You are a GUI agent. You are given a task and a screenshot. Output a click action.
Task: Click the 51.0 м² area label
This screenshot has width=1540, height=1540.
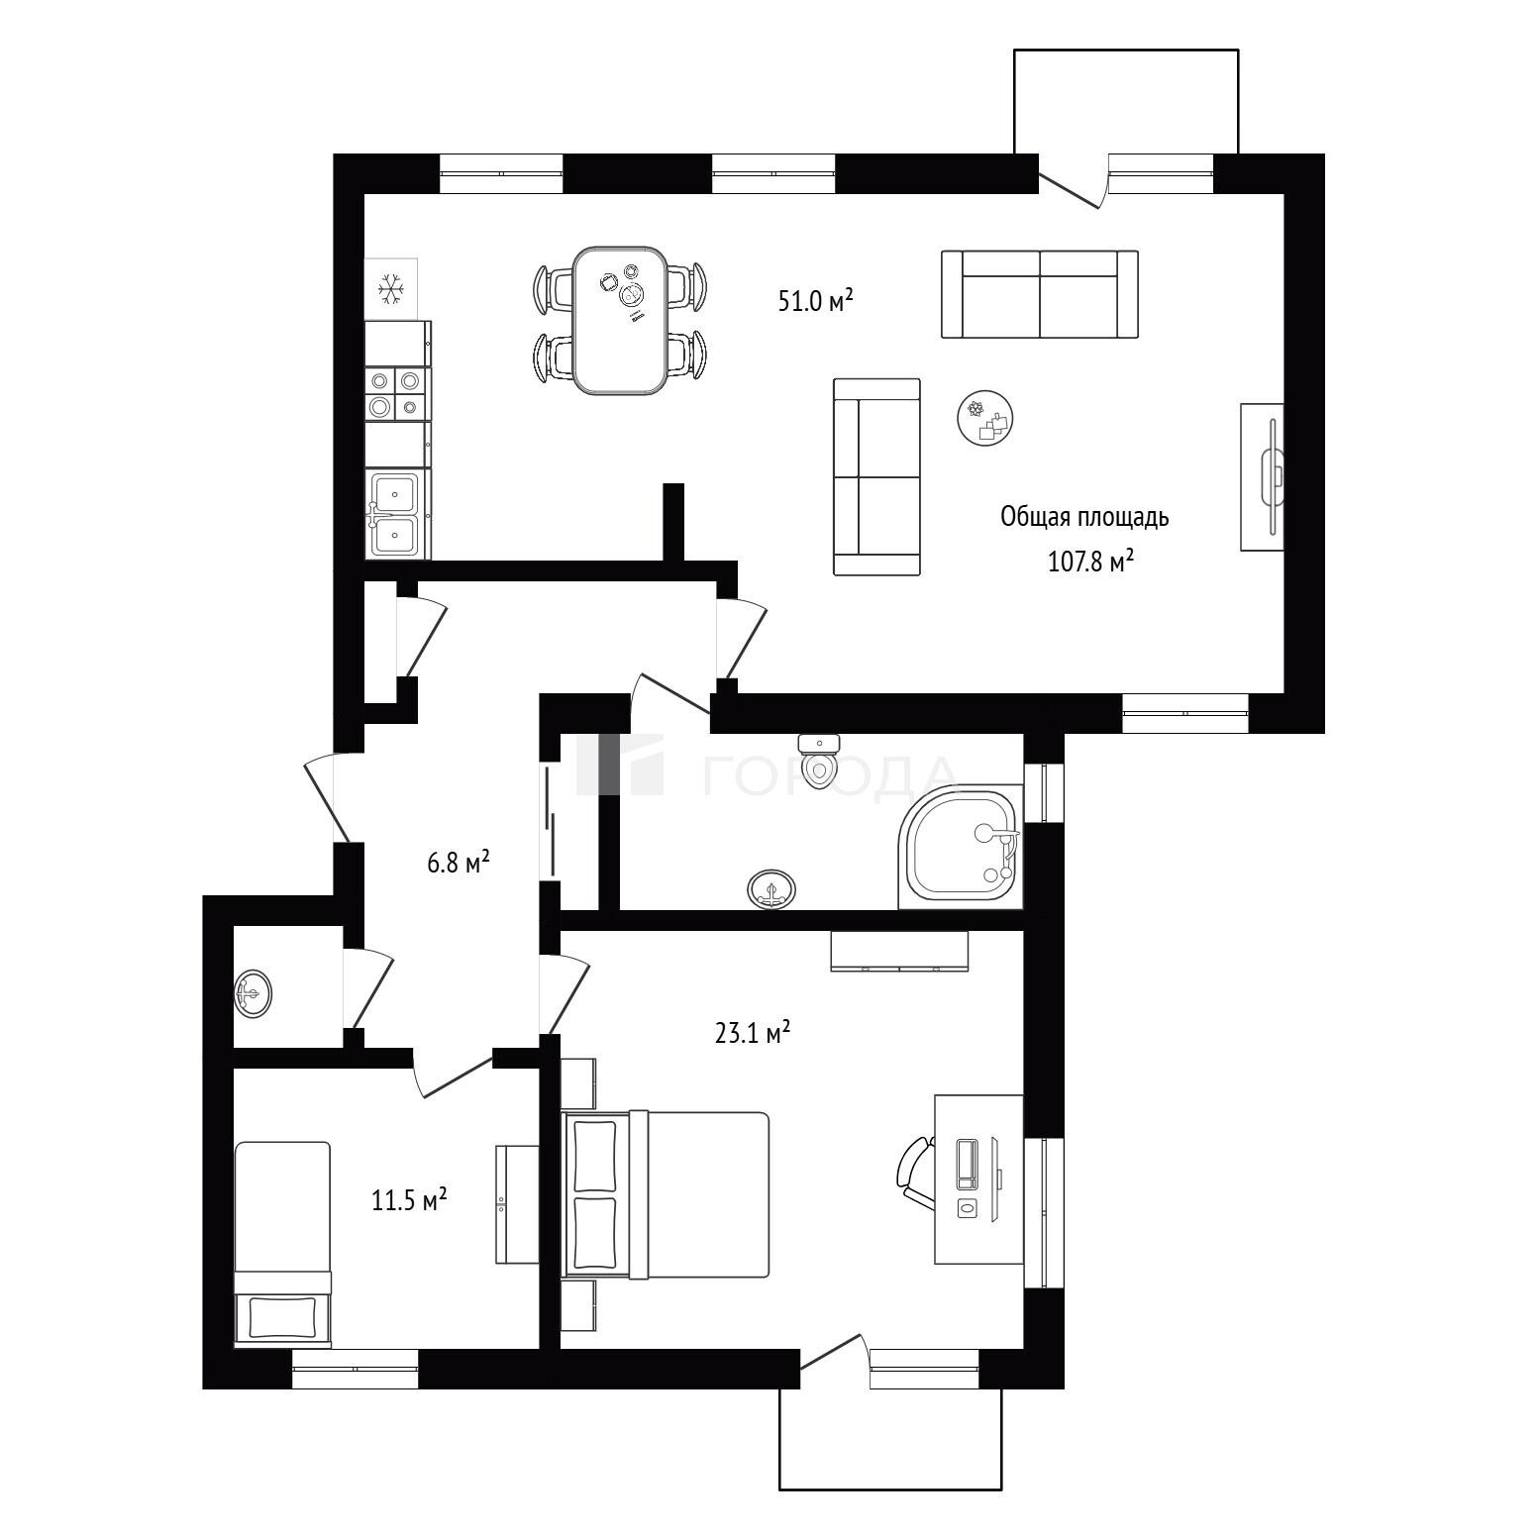tap(815, 299)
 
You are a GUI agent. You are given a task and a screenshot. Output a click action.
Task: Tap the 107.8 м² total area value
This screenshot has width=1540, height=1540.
tap(1090, 562)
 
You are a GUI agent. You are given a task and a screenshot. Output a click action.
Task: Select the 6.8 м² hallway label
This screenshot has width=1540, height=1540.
tap(459, 862)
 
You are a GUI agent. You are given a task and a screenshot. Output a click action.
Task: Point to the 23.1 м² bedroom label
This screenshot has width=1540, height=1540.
tap(752, 1033)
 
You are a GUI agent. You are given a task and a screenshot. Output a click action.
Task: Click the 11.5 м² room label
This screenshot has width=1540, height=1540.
tap(408, 1200)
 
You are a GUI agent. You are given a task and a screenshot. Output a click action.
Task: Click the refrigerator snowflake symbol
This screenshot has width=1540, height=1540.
tap(392, 288)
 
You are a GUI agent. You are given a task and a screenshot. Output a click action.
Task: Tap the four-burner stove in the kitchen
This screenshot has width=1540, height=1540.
tap(397, 393)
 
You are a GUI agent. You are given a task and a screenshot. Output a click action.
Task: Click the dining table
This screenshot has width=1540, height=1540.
tap(620, 320)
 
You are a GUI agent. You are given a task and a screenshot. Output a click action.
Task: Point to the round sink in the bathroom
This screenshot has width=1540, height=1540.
tap(771, 888)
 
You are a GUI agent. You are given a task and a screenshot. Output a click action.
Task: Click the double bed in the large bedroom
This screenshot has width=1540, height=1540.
tap(666, 1193)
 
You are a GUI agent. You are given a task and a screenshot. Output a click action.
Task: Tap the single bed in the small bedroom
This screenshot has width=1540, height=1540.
tap(282, 1244)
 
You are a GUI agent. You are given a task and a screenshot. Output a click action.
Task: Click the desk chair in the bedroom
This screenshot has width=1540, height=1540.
tap(916, 1174)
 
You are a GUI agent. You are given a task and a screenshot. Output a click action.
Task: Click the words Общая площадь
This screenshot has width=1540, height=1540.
tap(1085, 517)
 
